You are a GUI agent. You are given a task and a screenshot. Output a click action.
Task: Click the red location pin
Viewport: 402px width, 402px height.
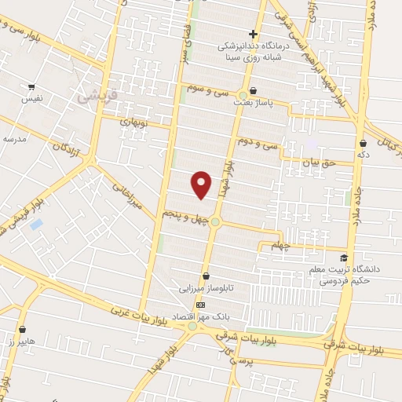pos(202,184)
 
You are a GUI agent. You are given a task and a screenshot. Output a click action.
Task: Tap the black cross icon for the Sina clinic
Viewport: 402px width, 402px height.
pos(253,34)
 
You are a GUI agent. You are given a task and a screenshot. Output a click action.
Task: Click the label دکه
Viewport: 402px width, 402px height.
pos(363,155)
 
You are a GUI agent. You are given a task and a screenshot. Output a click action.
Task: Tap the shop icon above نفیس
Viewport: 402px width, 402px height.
pos(31,87)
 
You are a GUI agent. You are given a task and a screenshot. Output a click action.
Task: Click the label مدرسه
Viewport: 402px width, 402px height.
pos(14,138)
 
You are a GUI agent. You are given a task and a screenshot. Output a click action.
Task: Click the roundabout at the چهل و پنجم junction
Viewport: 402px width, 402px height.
pos(214,222)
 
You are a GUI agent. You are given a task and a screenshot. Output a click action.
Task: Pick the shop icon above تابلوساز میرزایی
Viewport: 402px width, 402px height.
pos(206,276)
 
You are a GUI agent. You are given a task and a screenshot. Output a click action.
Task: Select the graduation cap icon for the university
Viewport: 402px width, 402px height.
pos(343,258)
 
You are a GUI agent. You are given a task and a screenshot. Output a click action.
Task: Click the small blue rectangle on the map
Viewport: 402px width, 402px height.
pos(36,225)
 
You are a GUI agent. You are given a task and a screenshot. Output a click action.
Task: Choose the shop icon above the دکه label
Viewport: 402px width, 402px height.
pos(363,144)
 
